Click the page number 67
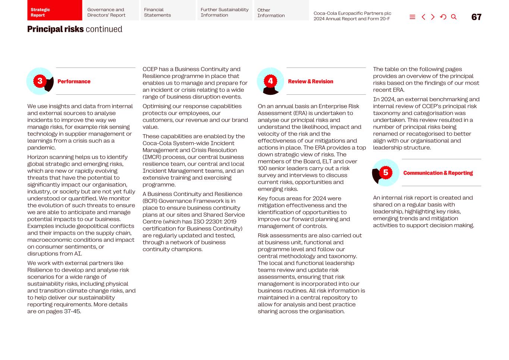tap(476, 17)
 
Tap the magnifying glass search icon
tap(453, 17)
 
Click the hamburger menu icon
tap(412, 17)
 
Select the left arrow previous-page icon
tap(423, 17)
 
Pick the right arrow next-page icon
tap(433, 17)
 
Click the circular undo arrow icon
tap(443, 17)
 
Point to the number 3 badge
tap(40, 81)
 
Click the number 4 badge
tap(270, 81)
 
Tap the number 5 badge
tap(386, 172)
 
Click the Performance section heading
tap(74, 81)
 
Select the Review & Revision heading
tap(310, 81)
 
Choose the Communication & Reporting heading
tap(438, 173)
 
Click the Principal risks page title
tap(75, 29)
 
